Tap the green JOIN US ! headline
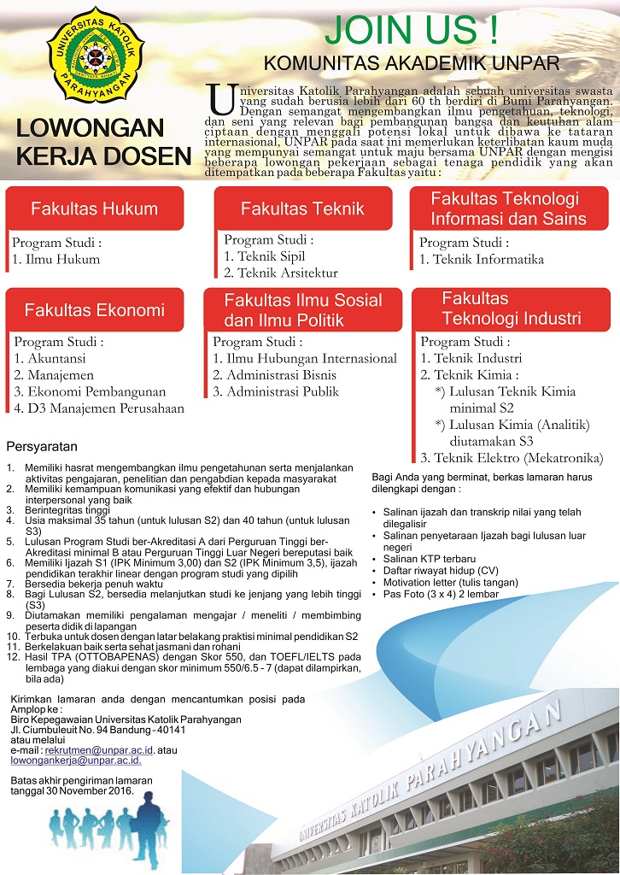412,29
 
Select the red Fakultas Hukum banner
94,208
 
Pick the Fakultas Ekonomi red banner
94,309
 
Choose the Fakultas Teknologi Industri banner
511,309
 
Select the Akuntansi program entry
52,358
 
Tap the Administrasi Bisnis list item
275,375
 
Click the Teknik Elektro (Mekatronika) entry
512,457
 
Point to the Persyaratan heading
42,447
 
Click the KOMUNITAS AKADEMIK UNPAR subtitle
411,63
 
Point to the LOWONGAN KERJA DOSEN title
103,143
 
